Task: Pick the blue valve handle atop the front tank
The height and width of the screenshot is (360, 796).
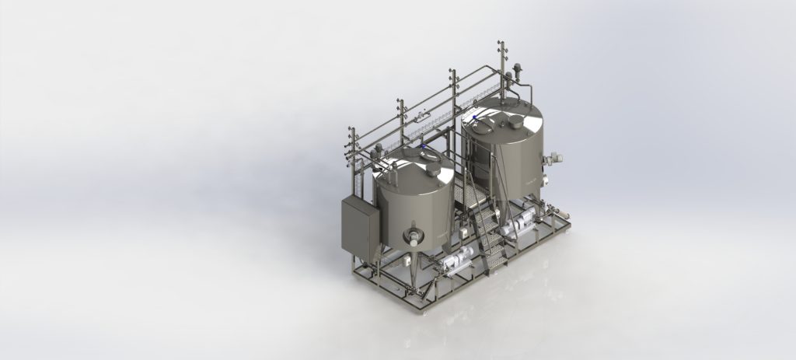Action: [x=423, y=146]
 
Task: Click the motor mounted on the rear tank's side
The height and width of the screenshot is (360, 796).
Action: [x=553, y=159]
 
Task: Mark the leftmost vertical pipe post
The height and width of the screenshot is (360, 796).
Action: [x=351, y=156]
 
